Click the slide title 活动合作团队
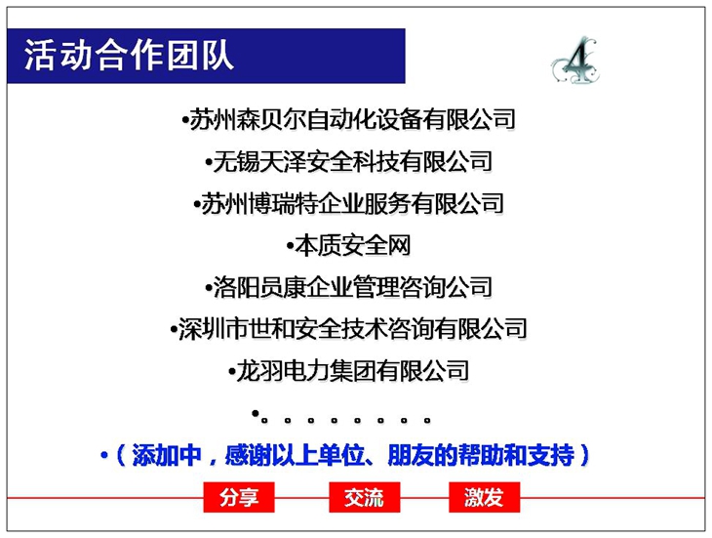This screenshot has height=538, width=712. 129,55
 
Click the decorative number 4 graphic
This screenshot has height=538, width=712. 575,62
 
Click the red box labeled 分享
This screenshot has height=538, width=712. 239,497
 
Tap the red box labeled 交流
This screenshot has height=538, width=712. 364,497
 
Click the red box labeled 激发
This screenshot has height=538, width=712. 484,497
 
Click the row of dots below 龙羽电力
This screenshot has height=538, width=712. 341,417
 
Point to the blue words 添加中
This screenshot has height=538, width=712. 166,455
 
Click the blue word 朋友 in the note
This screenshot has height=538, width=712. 411,455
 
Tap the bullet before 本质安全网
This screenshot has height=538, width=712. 290,246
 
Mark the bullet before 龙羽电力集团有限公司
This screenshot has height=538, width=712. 232,372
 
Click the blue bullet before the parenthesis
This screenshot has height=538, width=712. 104,455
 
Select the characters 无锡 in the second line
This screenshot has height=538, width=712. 236,161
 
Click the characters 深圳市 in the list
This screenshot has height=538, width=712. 213,328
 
